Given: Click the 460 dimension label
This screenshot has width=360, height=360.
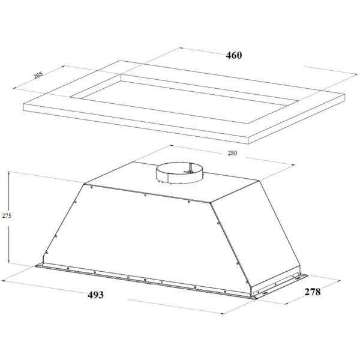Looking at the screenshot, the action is click(234, 55).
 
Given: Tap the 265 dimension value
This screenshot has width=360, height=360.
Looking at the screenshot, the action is click(38, 75).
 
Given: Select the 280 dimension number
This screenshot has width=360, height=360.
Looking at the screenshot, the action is click(232, 153).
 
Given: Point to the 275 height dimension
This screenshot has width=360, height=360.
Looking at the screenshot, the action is click(7, 215).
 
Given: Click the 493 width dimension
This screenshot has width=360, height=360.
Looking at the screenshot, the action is click(95, 295).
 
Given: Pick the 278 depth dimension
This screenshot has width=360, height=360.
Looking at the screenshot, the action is click(313, 292).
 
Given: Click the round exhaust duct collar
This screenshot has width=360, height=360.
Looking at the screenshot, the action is click(179, 173).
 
